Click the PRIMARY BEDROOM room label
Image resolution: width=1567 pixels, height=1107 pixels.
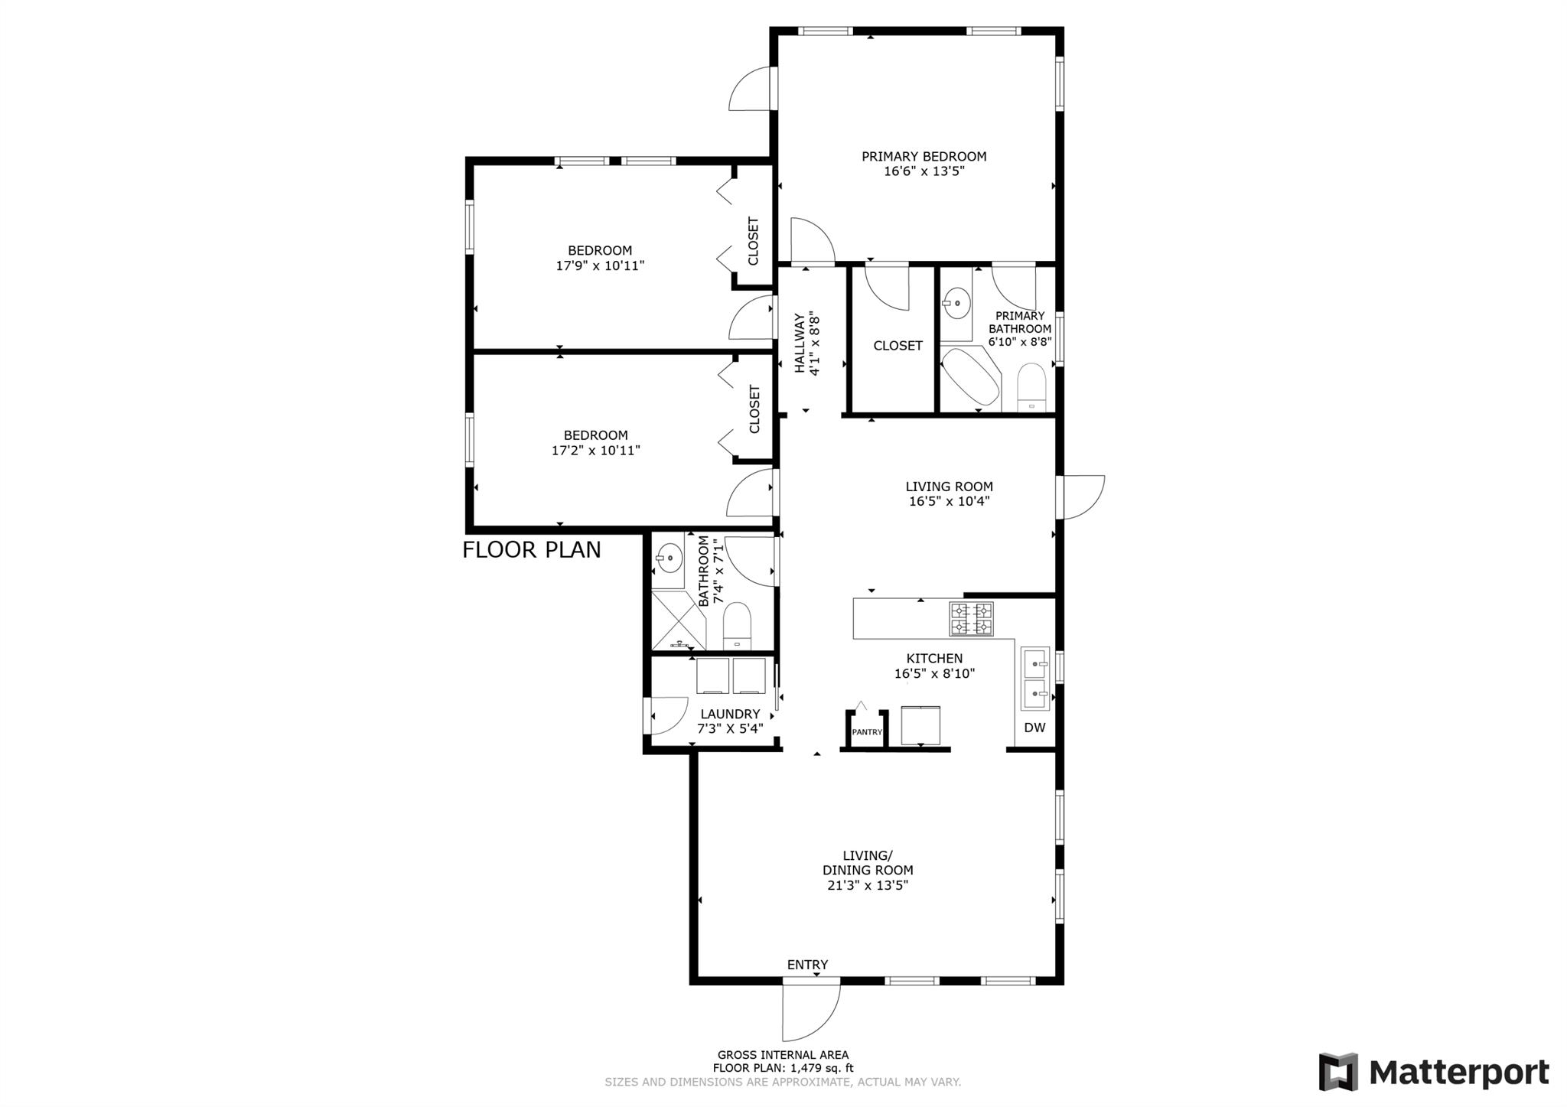coord(924,156)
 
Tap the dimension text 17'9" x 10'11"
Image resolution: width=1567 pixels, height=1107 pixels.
coord(600,265)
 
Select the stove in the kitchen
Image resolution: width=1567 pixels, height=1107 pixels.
coord(972,619)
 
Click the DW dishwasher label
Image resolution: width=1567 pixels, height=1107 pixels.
coord(1034,728)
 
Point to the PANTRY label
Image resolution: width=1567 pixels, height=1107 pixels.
coord(867,732)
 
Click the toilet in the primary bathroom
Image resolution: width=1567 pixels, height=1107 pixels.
coord(1031,387)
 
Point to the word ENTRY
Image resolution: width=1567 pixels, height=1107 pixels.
coord(807,965)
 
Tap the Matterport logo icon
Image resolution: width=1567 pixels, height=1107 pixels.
coord(1338,1071)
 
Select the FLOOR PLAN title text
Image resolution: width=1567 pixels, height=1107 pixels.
coord(532,550)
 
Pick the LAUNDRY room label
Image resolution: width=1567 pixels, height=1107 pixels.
coord(730,714)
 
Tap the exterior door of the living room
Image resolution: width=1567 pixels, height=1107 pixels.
coord(1080,497)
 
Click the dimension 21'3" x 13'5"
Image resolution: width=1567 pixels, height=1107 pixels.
coord(868,885)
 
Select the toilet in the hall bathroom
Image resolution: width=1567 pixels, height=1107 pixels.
coord(738,625)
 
